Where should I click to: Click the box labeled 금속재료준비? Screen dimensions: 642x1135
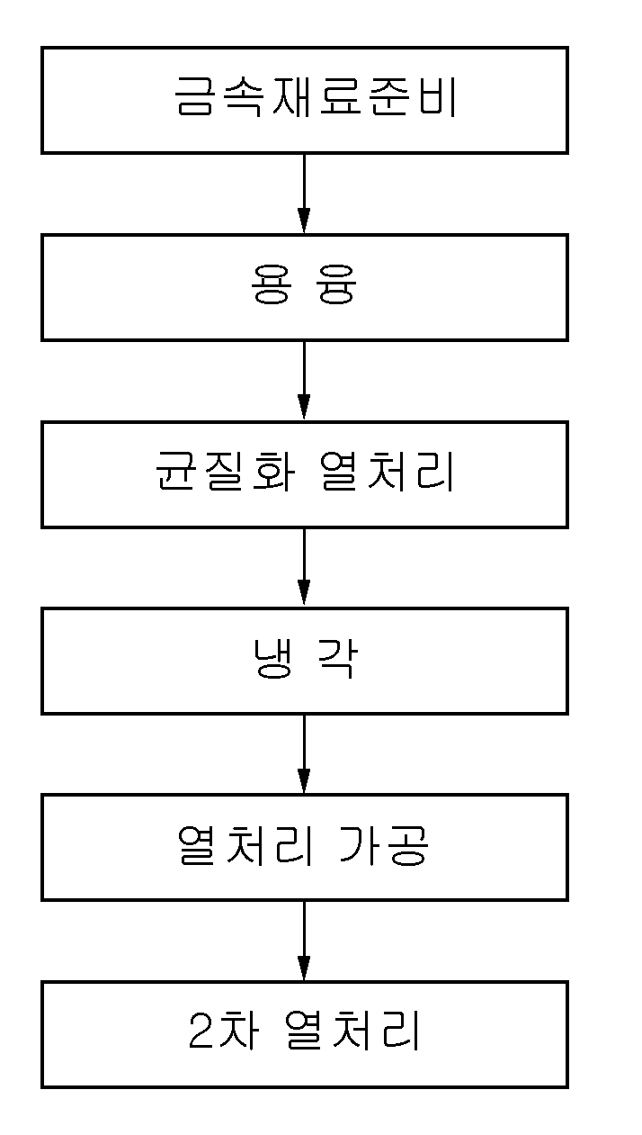tap(304, 100)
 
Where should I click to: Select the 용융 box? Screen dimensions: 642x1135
tap(304, 287)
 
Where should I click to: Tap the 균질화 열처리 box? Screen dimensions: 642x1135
tap(304, 474)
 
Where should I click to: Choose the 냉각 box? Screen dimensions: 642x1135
tap(304, 661)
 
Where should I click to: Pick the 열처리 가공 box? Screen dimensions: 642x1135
tap(304, 848)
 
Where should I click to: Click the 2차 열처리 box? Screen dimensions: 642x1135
tap(304, 1034)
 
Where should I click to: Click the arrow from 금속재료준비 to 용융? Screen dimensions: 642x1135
tap(304, 194)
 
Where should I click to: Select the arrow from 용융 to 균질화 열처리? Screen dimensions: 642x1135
tap(304, 381)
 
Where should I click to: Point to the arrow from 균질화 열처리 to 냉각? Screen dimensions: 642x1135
tap(304, 567)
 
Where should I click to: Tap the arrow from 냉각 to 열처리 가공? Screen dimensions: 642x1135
tap(304, 754)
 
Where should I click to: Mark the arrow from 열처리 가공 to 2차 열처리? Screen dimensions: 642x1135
tap(304, 941)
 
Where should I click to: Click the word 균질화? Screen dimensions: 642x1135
tap(225, 472)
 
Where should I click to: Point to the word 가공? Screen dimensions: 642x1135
tap(384, 845)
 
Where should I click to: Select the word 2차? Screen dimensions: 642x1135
tap(222, 1031)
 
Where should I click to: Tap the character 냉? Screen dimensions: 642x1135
tap(273, 658)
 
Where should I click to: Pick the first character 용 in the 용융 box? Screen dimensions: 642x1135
tap(272, 284)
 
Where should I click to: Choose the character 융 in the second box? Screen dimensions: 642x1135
tap(336, 284)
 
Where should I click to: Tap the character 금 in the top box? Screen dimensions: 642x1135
tap(194, 97)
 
